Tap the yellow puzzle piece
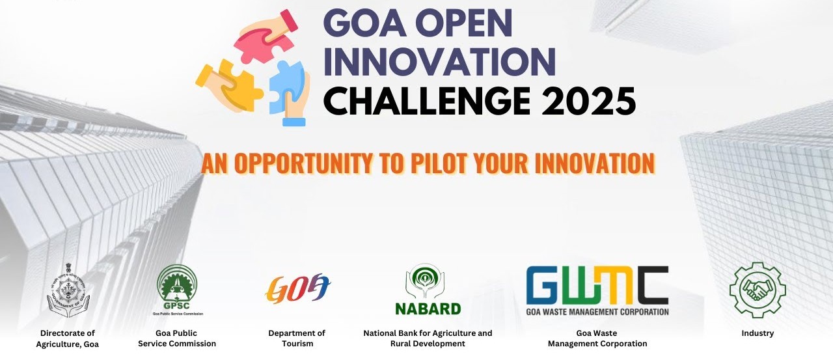[234, 84]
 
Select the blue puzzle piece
[286, 87]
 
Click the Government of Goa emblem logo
[68, 290]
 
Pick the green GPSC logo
[178, 290]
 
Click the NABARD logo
[428, 289]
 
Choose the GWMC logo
[597, 290]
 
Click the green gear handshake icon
[758, 290]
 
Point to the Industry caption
[758, 333]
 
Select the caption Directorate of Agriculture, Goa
[68, 339]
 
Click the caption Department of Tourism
[297, 339]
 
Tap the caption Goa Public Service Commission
[177, 339]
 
